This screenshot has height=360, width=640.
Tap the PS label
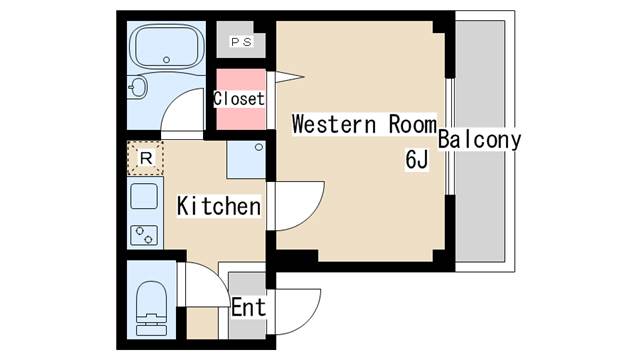tap(241, 42)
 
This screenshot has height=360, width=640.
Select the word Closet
tap(239, 99)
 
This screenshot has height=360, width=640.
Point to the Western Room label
tap(363, 126)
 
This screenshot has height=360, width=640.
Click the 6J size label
tap(417, 158)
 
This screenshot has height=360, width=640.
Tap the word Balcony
tap(479, 139)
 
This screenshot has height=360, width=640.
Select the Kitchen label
tap(219, 207)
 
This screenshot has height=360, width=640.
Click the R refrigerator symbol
tap(146, 158)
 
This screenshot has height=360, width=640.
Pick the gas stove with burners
tap(145, 236)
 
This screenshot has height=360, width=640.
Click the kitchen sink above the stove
tap(145, 195)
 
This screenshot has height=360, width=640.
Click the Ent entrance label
tap(248, 307)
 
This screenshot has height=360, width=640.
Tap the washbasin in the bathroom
tap(139, 89)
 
